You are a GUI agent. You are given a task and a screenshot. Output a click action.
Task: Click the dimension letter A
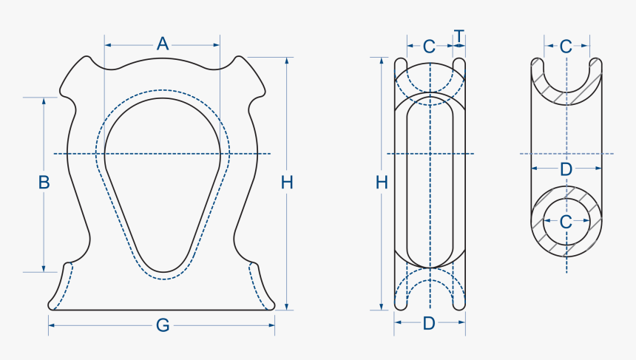163,44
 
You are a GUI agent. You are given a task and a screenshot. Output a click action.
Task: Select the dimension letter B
44,182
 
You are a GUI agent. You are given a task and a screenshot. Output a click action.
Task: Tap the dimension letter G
163,325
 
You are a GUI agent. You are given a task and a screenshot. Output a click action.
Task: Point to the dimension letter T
459,36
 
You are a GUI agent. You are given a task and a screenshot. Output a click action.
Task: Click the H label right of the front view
287,182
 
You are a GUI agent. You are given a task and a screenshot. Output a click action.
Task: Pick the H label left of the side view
382,182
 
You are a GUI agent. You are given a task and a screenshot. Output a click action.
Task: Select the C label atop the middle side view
429,46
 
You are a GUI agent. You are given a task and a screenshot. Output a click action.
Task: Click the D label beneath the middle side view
429,323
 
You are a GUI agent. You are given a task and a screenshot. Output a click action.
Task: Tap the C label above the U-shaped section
566,46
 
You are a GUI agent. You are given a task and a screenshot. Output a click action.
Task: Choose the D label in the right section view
566,169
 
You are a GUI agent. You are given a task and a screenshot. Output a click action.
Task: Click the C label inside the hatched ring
566,221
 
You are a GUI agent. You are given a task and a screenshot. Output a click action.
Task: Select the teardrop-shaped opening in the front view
163,177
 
